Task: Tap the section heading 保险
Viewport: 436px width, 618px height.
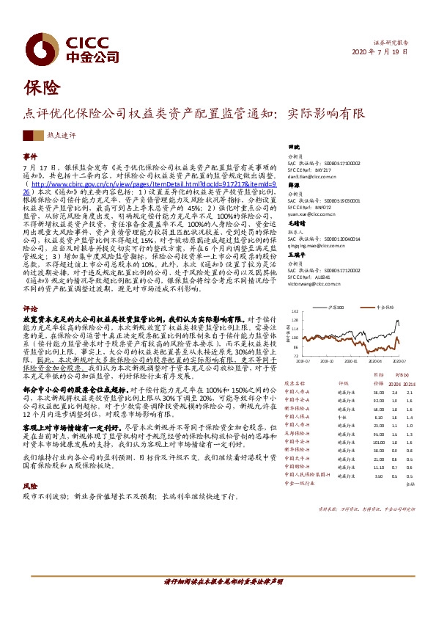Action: click(39, 88)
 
